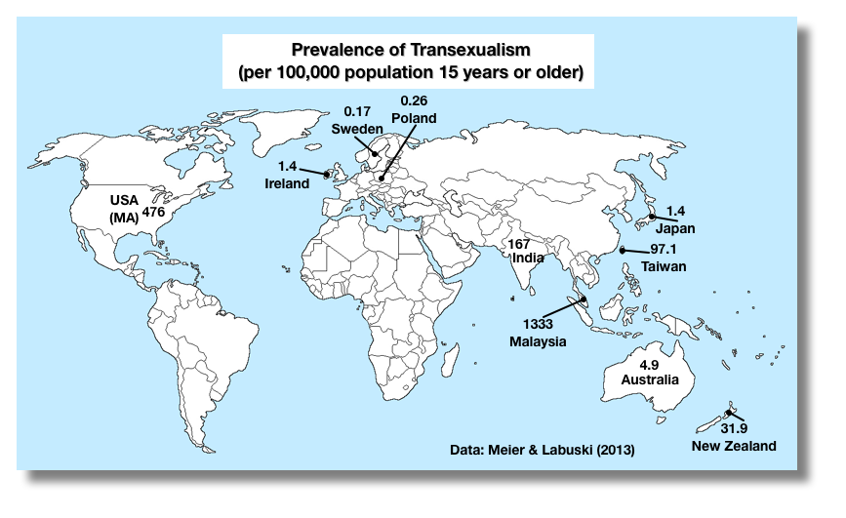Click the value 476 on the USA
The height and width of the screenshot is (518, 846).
click(154, 210)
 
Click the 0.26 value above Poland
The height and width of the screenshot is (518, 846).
click(412, 100)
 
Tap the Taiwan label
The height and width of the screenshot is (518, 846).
click(664, 265)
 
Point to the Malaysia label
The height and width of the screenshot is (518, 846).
click(538, 340)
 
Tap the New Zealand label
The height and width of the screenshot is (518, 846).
click(733, 446)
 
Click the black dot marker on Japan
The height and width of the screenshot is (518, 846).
click(652, 216)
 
